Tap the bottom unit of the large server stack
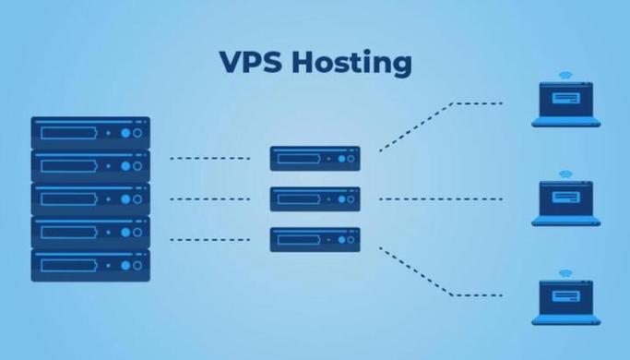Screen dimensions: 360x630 click(90, 265)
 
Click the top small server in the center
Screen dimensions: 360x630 click(315, 158)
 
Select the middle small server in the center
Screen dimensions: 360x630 click(315, 198)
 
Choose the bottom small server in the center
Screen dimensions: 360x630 click(315, 239)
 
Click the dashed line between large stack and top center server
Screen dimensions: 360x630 click(210, 158)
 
